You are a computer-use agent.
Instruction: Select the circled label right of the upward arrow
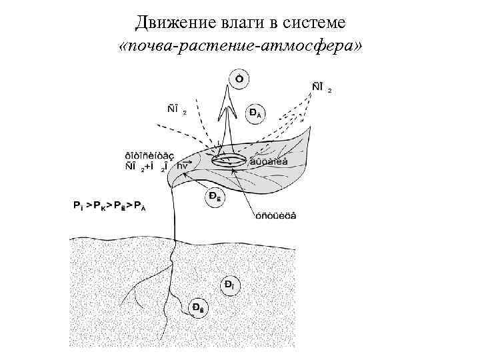[255, 113]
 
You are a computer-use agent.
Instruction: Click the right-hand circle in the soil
[229, 285]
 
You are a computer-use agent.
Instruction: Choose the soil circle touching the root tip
[198, 307]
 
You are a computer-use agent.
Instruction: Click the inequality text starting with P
[109, 206]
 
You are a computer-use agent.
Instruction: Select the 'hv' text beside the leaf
[182, 167]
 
